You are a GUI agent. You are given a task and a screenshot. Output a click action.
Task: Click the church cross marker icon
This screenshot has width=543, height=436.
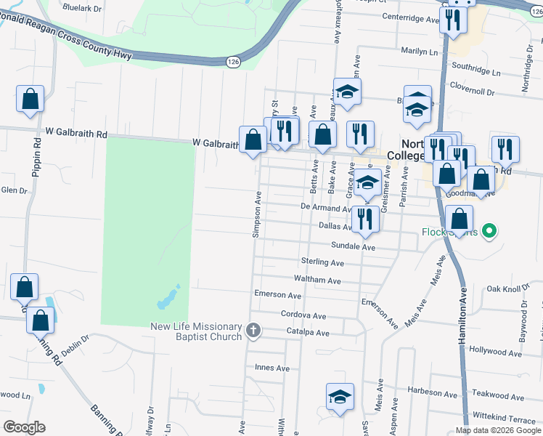click(253, 331)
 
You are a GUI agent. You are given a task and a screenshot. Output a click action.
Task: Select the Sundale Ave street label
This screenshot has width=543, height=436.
click(353, 247)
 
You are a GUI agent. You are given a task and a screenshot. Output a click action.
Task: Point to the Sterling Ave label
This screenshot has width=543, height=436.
click(322, 262)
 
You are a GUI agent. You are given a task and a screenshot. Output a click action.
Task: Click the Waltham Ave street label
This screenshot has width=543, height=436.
click(317, 280)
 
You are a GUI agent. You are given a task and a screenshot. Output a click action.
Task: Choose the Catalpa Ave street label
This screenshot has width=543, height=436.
click(308, 333)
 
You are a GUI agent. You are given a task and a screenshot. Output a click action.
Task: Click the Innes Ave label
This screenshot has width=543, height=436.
click(272, 368)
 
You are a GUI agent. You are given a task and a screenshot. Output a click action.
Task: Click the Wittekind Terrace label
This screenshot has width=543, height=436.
click(504, 421)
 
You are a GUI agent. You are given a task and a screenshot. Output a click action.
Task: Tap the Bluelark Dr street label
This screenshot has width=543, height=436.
click(81, 8)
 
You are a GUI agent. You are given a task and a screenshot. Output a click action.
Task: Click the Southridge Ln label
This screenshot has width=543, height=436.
click(476, 73)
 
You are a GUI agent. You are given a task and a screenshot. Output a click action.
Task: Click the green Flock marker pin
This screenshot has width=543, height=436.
click(490, 232)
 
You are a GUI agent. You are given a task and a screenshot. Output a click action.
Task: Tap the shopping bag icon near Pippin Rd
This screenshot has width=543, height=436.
click(30, 100)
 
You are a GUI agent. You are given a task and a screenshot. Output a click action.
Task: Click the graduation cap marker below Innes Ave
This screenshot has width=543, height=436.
click(340, 397)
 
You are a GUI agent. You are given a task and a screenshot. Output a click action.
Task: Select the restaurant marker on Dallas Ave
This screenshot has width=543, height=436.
click(365, 219)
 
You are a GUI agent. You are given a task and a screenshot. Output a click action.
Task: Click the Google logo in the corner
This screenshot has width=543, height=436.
click(25, 427)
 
